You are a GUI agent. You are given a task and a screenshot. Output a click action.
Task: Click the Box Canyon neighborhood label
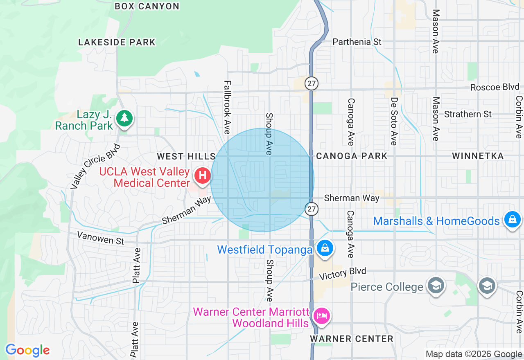click(x=147, y=6)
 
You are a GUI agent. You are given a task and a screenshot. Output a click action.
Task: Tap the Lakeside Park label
click(x=117, y=42)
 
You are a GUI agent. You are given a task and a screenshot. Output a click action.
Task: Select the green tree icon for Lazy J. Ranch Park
click(x=124, y=118)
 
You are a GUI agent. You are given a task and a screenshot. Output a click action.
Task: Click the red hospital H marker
click(x=202, y=175)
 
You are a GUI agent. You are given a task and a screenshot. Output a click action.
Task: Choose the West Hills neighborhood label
click(x=186, y=156)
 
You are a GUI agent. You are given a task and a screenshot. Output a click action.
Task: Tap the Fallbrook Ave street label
click(x=228, y=107)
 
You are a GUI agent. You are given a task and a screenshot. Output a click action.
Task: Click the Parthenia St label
click(x=357, y=42)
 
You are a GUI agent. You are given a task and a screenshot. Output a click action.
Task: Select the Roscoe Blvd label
click(x=495, y=87)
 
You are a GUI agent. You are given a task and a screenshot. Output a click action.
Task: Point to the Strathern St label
click(x=468, y=114)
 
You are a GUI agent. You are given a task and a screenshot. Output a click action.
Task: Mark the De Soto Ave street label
click(x=394, y=121)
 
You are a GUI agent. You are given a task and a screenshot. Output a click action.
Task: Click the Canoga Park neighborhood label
click(x=352, y=156)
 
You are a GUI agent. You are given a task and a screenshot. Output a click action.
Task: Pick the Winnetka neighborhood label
click(x=478, y=156)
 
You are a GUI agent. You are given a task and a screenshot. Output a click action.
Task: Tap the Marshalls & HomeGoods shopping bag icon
click(x=512, y=219)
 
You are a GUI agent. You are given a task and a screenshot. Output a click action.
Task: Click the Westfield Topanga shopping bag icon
click(x=325, y=248)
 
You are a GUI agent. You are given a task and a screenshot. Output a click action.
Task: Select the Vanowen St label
click(x=100, y=238)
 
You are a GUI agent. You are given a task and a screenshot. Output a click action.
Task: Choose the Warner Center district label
click(x=352, y=339)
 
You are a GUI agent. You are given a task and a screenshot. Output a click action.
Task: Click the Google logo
click(x=27, y=351)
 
